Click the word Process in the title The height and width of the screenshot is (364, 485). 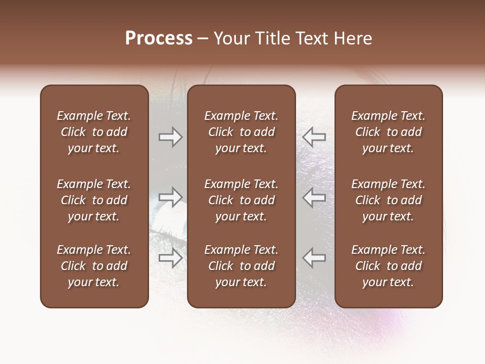click(159, 38)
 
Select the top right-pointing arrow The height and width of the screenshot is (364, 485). click(170, 136)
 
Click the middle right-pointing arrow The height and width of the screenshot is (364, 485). click(170, 197)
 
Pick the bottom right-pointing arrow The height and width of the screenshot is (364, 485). click(170, 257)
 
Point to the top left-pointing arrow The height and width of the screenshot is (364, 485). click(314, 136)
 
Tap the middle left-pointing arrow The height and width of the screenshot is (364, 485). click(314, 197)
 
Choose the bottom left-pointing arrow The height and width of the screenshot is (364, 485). click(314, 257)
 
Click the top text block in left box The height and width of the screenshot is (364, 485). click(94, 132)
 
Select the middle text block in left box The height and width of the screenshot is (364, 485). click(94, 200)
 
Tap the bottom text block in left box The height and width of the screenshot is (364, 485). click(94, 266)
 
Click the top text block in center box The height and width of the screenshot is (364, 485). click(241, 132)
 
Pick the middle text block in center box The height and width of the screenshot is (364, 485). click(241, 200)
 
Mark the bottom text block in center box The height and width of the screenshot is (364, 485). click(241, 266)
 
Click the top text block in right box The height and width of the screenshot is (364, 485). click(389, 132)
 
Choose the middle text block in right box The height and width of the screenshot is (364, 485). click(389, 200)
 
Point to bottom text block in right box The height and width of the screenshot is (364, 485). click(389, 266)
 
